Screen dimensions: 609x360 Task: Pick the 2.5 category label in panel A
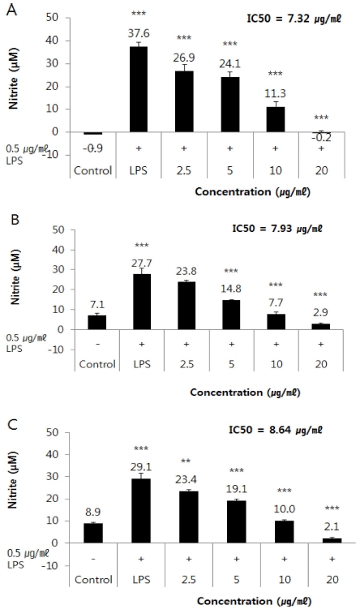pyautogui.click(x=185, y=172)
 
